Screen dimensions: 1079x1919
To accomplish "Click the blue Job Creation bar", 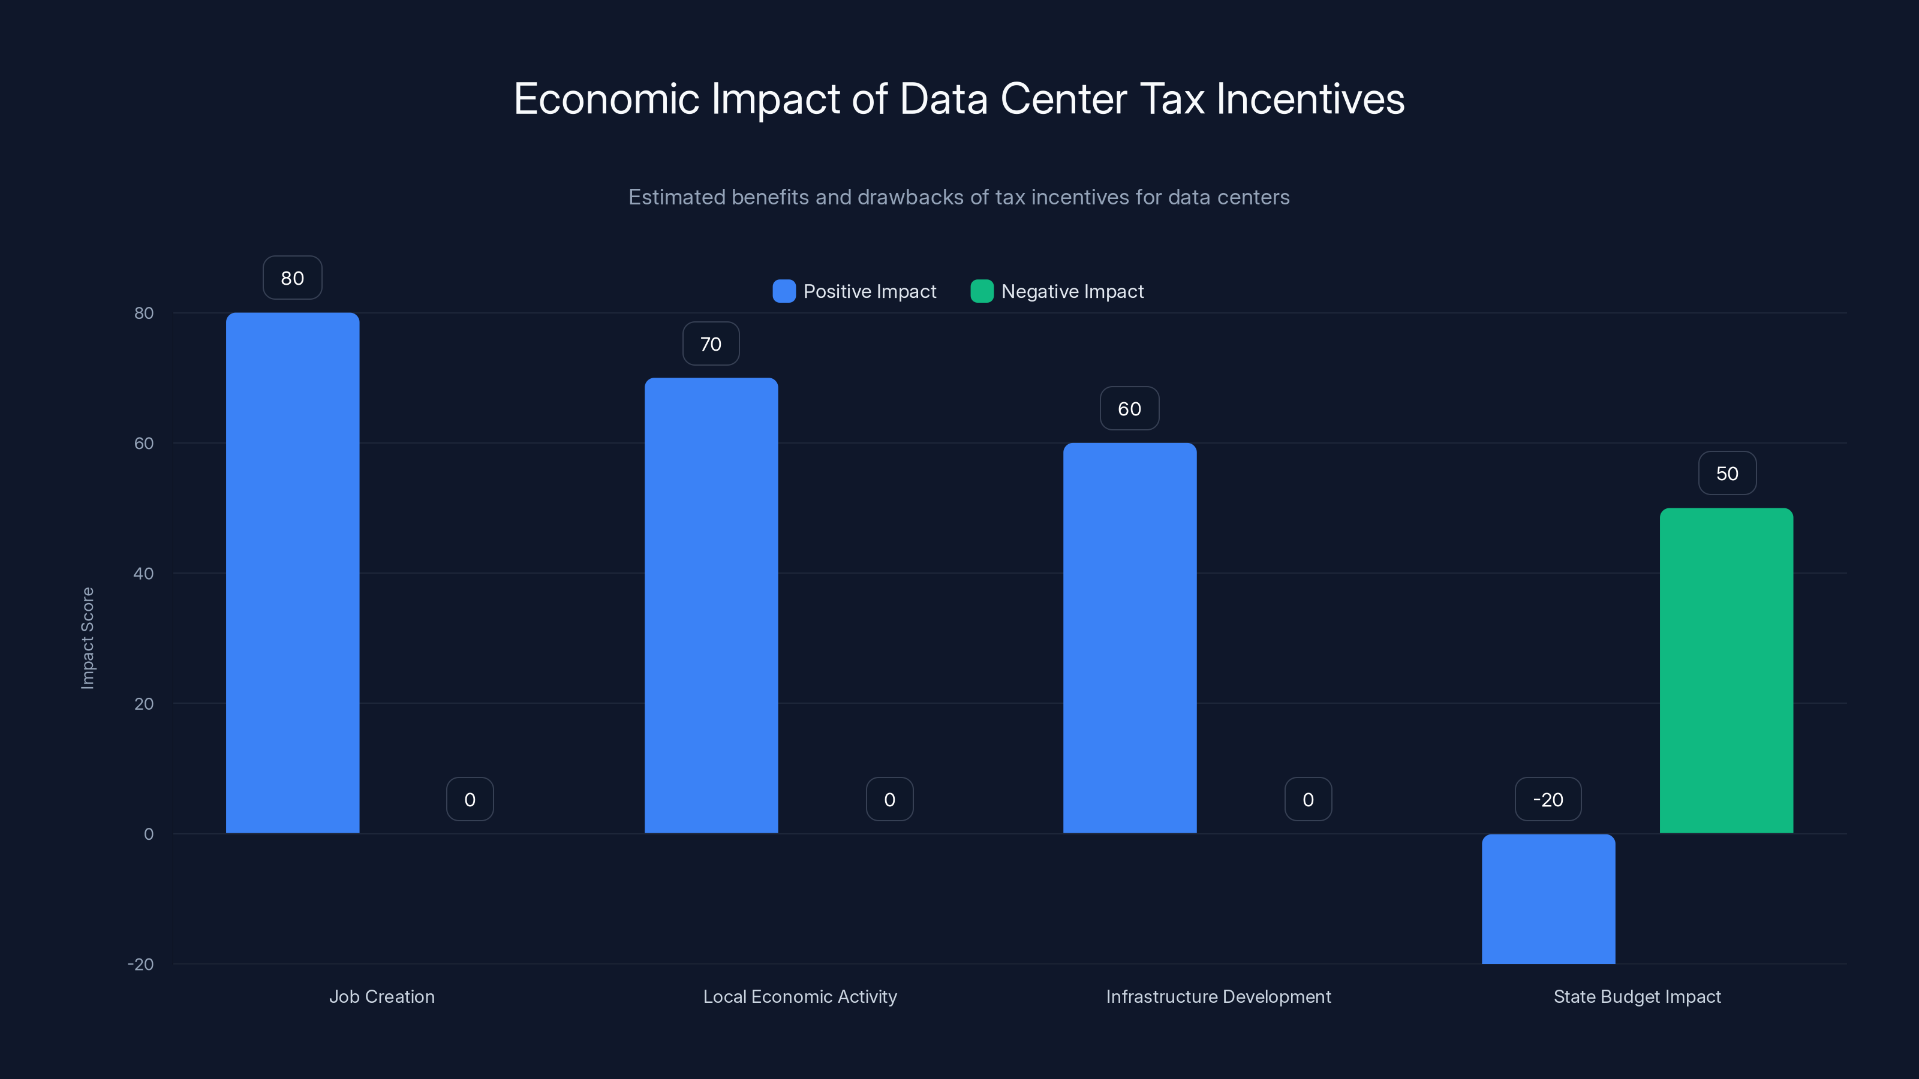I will pyautogui.click(x=292, y=574).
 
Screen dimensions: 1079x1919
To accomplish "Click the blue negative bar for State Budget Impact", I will pyautogui.click(x=1548, y=899).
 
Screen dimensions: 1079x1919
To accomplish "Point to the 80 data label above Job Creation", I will pyautogui.click(x=292, y=278).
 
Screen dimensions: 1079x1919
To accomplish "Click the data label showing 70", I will pyautogui.click(x=711, y=344).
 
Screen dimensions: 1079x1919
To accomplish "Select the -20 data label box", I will pyautogui.click(x=1548, y=800).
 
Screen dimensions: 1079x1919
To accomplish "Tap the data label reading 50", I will pyautogui.click(x=1727, y=474).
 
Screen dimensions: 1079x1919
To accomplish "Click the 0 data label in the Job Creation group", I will pyautogui.click(x=470, y=800).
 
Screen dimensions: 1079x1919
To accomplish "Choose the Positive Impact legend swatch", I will pyautogui.click(x=784, y=291).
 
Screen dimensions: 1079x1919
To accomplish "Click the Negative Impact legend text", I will pyautogui.click(x=1072, y=291).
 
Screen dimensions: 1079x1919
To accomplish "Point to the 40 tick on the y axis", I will pyautogui.click(x=144, y=574).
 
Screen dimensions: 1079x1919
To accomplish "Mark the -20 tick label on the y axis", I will pyautogui.click(x=141, y=965).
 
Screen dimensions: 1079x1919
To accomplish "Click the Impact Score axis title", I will pyautogui.click(x=87, y=638).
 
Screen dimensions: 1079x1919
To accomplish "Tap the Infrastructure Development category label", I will pyautogui.click(x=1218, y=996).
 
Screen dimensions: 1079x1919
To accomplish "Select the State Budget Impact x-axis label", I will pyautogui.click(x=1637, y=996).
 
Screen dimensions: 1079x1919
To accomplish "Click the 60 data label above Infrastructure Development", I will pyautogui.click(x=1129, y=409).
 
